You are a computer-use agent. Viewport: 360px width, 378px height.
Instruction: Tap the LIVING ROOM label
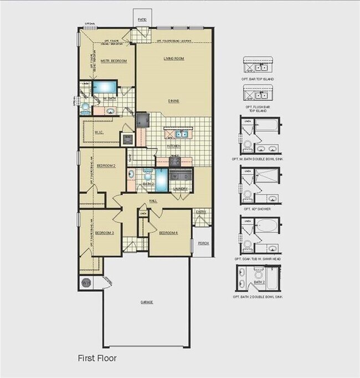[173, 58]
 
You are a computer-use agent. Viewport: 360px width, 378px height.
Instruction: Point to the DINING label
[175, 101]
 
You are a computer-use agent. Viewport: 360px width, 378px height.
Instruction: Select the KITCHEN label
[174, 146]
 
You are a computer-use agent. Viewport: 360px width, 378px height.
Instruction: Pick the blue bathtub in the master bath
[104, 87]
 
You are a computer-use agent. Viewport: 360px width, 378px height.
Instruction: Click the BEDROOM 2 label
[106, 165]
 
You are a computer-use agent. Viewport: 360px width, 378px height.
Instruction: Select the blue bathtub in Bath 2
[161, 179]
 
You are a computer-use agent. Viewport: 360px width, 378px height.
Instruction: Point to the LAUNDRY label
[181, 189]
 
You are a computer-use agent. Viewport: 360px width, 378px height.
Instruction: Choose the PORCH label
[203, 243]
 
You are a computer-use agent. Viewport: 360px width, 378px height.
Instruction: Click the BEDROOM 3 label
[105, 232]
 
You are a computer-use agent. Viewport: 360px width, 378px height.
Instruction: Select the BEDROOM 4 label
[168, 232]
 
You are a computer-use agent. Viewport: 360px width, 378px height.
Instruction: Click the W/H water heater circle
[86, 283]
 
